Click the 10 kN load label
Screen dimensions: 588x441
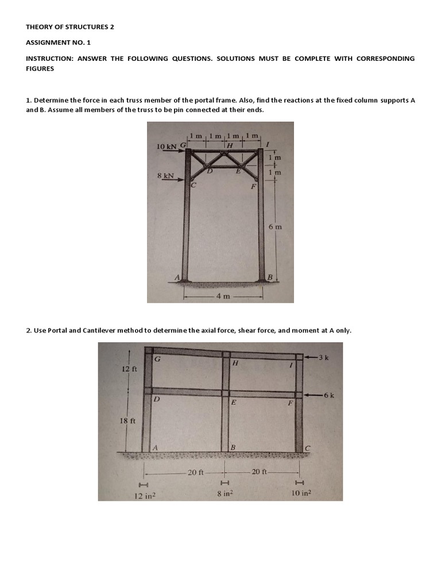click(167, 146)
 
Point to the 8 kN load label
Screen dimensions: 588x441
click(165, 175)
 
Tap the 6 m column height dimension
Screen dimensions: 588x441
click(275, 227)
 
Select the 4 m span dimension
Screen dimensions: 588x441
click(223, 296)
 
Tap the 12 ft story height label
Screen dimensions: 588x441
click(129, 369)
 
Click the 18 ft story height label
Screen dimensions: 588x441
click(127, 420)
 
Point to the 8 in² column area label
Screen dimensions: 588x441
click(225, 493)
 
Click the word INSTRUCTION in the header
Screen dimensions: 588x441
click(49, 59)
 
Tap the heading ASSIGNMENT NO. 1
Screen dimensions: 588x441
click(59, 42)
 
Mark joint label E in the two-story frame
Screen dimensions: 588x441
click(233, 403)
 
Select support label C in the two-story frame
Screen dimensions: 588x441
click(307, 447)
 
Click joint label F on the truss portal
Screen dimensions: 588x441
click(252, 186)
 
